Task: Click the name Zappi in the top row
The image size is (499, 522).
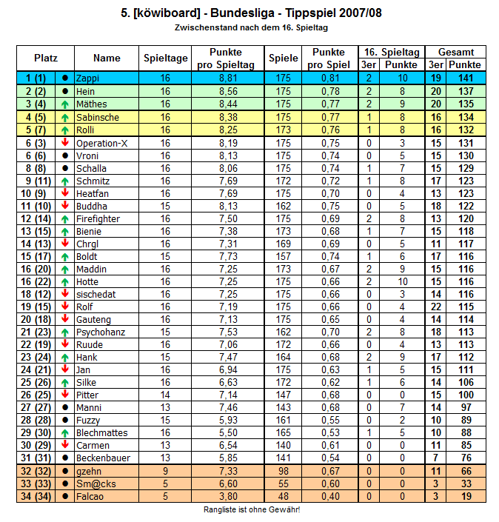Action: (87, 78)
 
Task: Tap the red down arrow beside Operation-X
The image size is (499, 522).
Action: (65, 142)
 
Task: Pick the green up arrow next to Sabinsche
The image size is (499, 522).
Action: (65, 117)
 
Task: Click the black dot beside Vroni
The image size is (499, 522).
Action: (65, 155)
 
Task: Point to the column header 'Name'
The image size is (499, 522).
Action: (107, 58)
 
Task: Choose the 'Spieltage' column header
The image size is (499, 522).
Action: (165, 58)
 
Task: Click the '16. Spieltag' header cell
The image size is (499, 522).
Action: (390, 52)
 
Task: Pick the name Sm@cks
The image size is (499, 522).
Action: (95, 483)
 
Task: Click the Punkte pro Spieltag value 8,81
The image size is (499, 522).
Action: (227, 78)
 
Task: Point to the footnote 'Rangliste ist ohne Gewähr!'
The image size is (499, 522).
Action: (252, 510)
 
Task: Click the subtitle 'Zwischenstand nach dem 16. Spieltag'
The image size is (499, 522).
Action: (251, 27)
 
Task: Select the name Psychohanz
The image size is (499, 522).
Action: (100, 331)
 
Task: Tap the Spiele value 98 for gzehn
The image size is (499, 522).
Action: (283, 471)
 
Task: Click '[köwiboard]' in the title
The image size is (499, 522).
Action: (168, 13)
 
